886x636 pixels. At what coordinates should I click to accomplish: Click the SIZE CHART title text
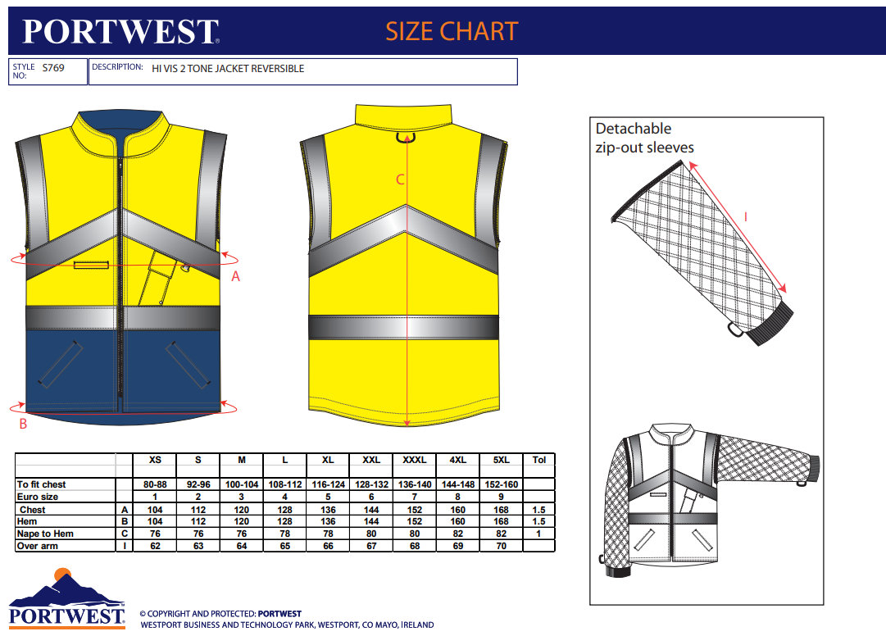tap(452, 31)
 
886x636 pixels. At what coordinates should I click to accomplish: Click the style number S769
tap(52, 68)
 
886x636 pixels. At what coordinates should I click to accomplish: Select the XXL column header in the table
tap(371, 460)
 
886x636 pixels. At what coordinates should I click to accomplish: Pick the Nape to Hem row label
tap(45, 534)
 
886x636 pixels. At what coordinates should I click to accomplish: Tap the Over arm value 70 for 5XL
tap(502, 546)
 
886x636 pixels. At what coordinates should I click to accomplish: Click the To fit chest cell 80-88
tap(155, 484)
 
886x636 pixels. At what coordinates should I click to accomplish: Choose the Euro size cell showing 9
tap(502, 497)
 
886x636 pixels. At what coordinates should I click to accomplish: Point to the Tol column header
tap(538, 460)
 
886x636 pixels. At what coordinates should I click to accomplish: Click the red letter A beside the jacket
tap(236, 277)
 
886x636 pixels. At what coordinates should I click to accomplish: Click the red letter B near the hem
tap(23, 424)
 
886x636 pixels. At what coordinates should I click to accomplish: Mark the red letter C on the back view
tap(400, 180)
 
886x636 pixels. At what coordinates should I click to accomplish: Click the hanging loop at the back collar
tap(403, 137)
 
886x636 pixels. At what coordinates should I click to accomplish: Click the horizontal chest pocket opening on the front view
tap(91, 264)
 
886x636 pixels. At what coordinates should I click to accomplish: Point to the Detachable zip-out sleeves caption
tap(644, 138)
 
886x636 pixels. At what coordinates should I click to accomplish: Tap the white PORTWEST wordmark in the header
tap(120, 31)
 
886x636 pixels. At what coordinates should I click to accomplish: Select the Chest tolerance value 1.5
tap(538, 509)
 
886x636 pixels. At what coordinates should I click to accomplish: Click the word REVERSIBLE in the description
tap(277, 69)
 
